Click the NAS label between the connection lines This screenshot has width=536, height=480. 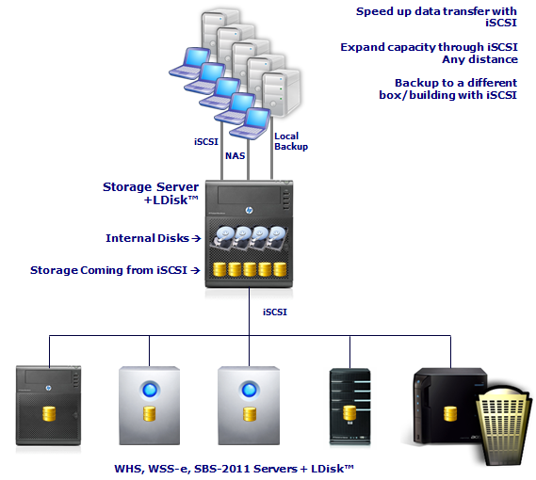pyautogui.click(x=236, y=156)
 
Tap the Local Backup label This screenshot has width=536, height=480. pyautogui.click(x=291, y=141)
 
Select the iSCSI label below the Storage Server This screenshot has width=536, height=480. pyautogui.click(x=275, y=312)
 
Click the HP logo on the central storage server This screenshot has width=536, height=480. pyautogui.click(x=250, y=210)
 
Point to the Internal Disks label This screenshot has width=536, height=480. pyautogui.click(x=147, y=238)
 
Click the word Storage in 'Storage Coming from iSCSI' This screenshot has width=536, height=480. pyautogui.click(x=54, y=270)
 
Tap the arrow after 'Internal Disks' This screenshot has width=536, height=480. pyautogui.click(x=196, y=238)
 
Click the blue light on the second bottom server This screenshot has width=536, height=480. pyautogui.click(x=150, y=390)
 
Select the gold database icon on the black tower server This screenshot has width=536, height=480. pyautogui.click(x=350, y=412)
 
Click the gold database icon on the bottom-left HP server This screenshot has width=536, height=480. pyautogui.click(x=49, y=414)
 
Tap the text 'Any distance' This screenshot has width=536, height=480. pyautogui.click(x=479, y=59)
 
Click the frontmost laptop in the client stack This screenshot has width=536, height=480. pyautogui.click(x=251, y=123)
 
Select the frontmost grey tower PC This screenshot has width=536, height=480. pyautogui.click(x=281, y=93)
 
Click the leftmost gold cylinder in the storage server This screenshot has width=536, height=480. pyautogui.click(x=219, y=269)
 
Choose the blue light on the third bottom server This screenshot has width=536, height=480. pyautogui.click(x=249, y=390)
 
